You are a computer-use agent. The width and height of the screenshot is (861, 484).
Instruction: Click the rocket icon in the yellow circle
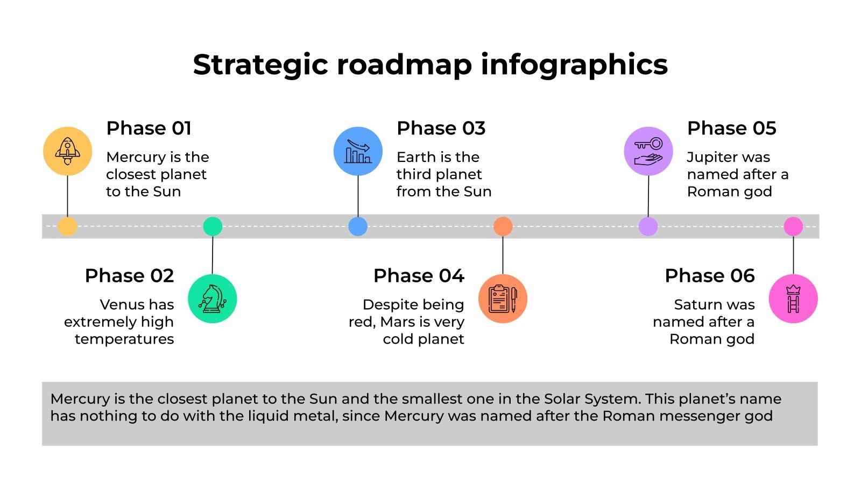click(x=68, y=151)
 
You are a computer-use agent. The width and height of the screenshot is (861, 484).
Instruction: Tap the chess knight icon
click(x=212, y=298)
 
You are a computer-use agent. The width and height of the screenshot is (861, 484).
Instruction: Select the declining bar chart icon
click(x=358, y=151)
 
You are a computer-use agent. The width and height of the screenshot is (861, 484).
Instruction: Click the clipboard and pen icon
click(x=503, y=298)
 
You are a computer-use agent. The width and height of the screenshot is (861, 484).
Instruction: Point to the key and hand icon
click(x=648, y=151)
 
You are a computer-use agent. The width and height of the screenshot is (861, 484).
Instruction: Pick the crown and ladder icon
click(x=793, y=298)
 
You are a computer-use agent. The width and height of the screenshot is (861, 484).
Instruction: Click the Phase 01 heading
click(x=149, y=129)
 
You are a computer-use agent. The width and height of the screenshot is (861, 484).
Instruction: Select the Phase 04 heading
click(x=419, y=276)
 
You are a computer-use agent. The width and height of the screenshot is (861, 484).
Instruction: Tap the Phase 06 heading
click(x=710, y=276)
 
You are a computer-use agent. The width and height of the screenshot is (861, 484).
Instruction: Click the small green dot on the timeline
click(x=213, y=226)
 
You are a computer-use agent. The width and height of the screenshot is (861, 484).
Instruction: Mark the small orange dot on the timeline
click(x=503, y=226)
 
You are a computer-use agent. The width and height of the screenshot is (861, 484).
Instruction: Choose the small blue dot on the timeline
click(x=358, y=226)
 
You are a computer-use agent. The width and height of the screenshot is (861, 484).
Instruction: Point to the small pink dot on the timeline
click(x=793, y=226)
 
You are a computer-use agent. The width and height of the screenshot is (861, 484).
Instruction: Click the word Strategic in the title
click(x=260, y=65)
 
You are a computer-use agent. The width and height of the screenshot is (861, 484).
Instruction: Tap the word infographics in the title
click(x=574, y=65)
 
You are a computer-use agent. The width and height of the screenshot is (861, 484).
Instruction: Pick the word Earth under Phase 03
click(x=415, y=157)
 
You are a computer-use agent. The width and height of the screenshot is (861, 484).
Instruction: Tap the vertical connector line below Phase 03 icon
click(x=358, y=196)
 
